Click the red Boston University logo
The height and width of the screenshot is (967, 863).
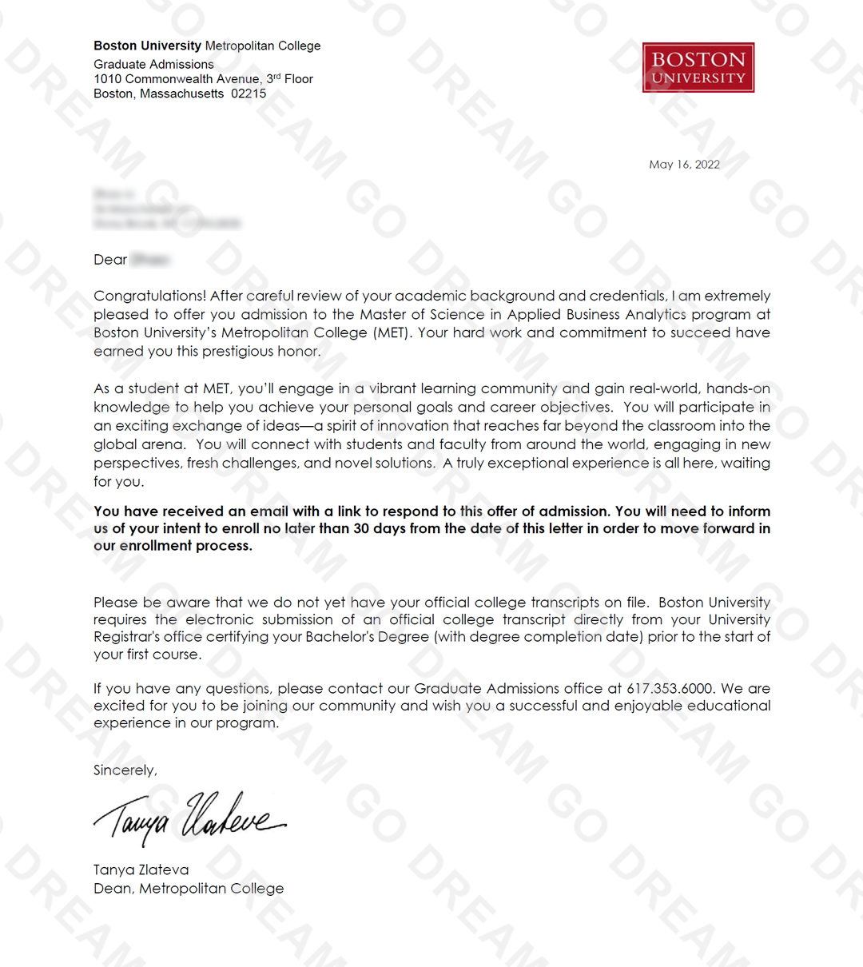pos(698,67)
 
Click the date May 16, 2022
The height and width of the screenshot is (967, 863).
pos(684,165)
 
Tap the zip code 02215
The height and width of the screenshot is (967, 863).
pos(249,94)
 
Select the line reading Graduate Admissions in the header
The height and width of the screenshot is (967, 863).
pos(153,64)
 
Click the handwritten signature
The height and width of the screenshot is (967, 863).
pos(189,818)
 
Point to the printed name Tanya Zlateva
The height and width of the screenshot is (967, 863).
pos(141,870)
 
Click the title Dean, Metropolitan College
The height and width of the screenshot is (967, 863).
pos(189,889)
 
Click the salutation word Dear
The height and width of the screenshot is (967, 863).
pos(110,260)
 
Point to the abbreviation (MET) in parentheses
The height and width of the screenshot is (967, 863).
pos(391,332)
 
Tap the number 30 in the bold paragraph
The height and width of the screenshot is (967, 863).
pos(361,528)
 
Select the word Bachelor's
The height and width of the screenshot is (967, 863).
pos(338,637)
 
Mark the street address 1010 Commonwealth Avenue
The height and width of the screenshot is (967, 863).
pos(177,79)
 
